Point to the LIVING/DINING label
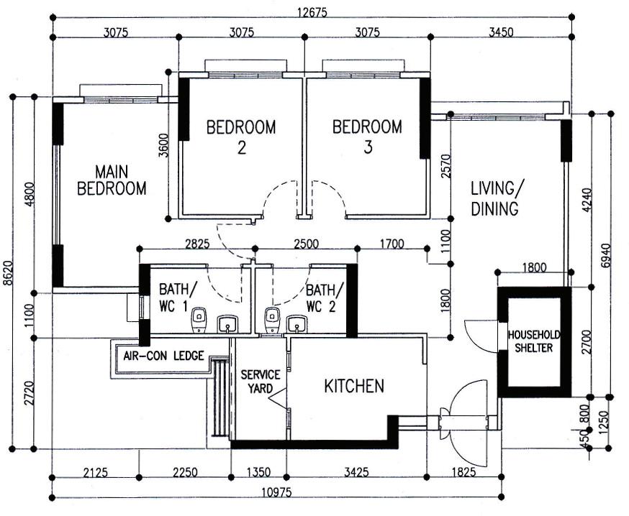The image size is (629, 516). pos(494,199)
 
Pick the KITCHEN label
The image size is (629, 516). pos(354,386)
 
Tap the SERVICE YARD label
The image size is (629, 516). pos(256,382)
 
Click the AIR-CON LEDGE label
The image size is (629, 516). pos(163,356)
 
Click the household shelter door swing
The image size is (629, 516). pos(479,334)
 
